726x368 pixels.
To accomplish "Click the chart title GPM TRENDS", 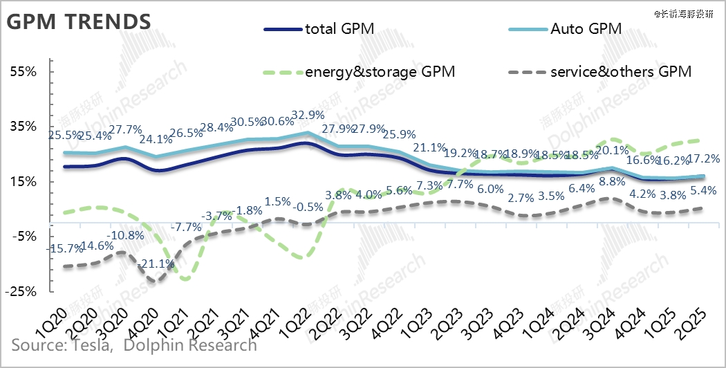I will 78,21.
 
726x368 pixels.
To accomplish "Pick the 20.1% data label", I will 611,150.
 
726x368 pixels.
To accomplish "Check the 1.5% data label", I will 278,201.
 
